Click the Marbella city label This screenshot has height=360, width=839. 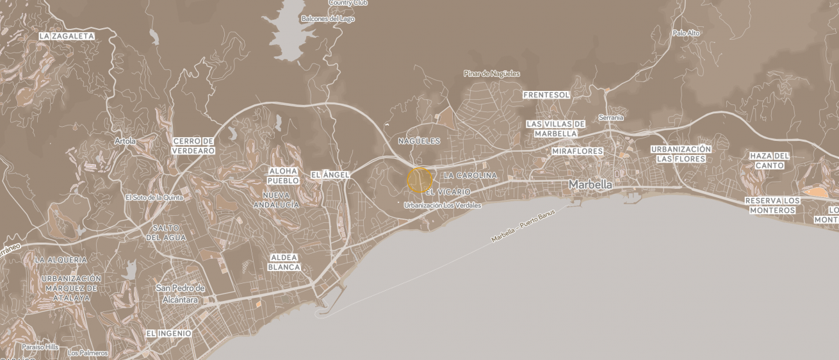590,184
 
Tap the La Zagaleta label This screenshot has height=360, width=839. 67,37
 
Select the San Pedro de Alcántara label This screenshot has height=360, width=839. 180,294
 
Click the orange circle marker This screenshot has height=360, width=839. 419,180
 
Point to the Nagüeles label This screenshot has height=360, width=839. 419,141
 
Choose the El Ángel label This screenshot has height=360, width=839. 330,175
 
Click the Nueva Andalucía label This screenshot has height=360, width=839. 276,200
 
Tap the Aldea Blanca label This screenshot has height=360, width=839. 284,262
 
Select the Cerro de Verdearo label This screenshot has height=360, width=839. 193,145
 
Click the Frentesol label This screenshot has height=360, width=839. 546,95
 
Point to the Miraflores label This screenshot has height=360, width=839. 577,151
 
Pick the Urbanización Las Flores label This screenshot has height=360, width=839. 681,154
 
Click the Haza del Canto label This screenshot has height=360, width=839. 769,160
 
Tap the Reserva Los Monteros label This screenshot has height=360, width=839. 772,205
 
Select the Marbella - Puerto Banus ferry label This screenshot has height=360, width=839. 523,226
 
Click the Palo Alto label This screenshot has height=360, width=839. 686,33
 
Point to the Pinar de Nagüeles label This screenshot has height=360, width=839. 491,74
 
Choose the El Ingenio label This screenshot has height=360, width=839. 168,334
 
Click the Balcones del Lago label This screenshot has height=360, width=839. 327,19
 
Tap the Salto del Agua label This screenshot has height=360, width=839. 166,233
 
